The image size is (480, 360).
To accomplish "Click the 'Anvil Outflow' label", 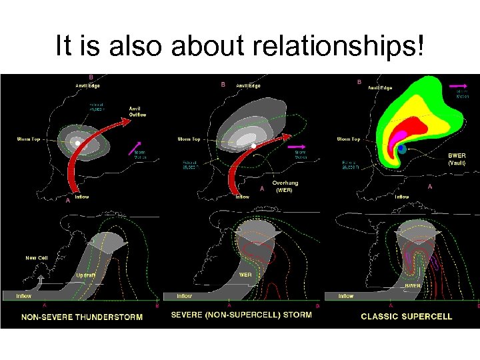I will [138, 112].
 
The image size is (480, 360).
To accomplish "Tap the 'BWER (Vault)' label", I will [457, 159].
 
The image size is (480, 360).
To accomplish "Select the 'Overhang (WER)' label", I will [285, 186].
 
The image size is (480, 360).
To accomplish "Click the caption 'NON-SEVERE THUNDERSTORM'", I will [82, 317].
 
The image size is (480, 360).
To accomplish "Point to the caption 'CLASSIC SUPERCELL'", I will [406, 317].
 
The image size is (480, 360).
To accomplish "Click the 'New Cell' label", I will [37, 257].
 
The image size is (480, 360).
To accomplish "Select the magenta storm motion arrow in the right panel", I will [458, 86].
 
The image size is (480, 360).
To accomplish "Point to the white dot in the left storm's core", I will [78, 143].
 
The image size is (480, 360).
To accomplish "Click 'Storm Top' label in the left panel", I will [29, 139].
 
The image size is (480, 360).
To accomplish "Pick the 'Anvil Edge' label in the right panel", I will [380, 87].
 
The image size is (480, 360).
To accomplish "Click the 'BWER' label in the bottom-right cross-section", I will [413, 285].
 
